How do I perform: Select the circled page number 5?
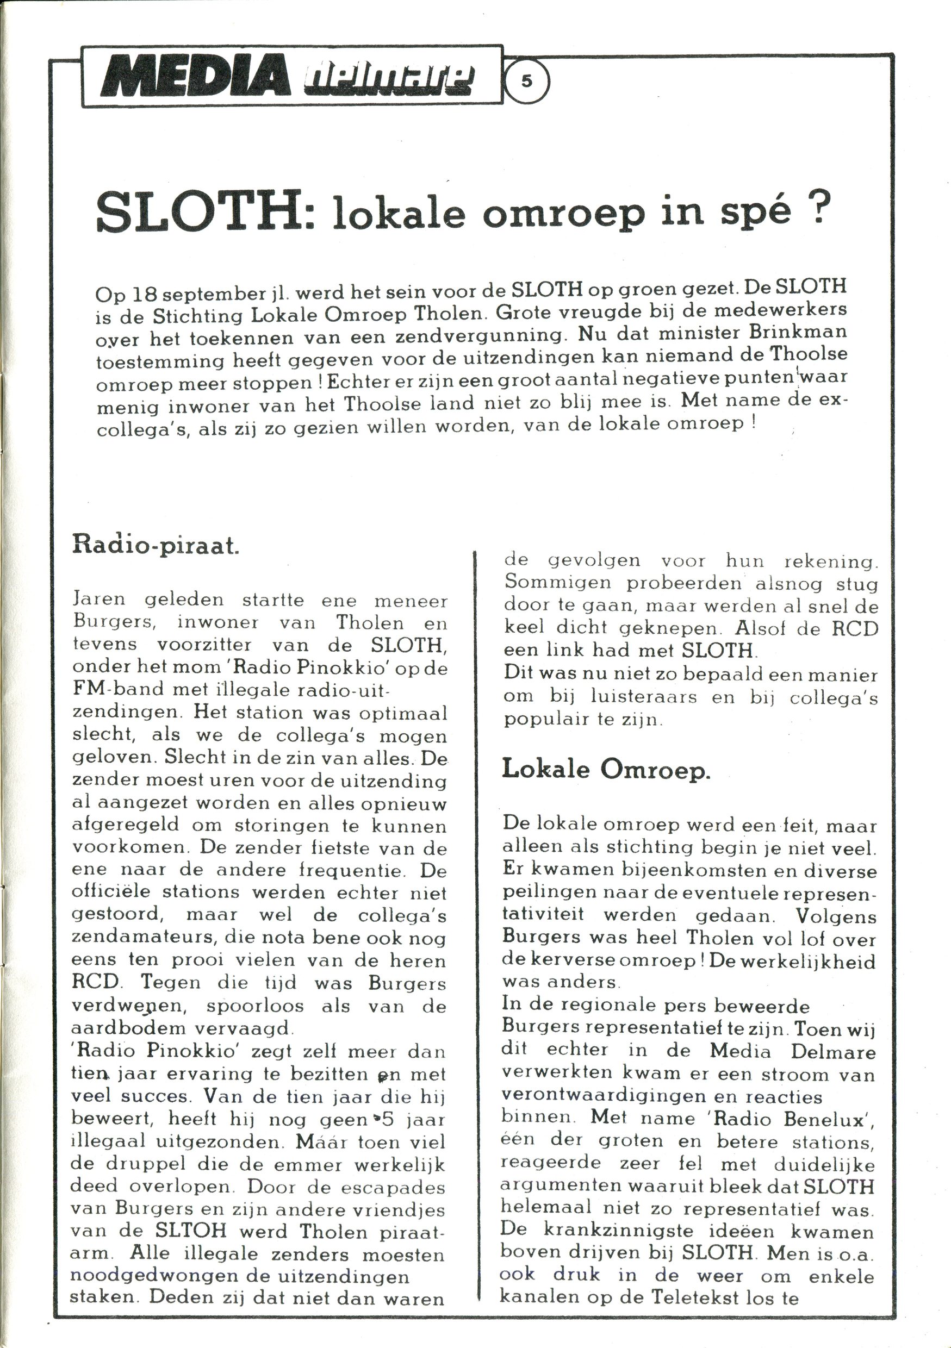click(x=526, y=82)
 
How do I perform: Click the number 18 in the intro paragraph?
click(x=146, y=293)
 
